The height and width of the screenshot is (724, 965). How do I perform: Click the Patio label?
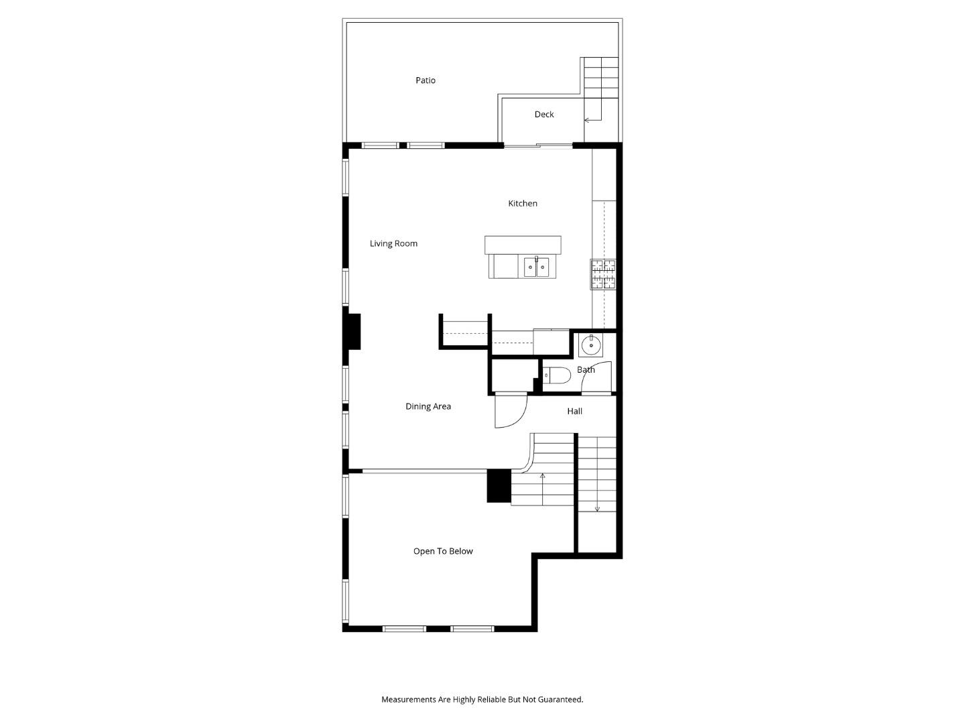click(x=426, y=80)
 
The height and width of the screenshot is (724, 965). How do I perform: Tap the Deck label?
click(x=544, y=115)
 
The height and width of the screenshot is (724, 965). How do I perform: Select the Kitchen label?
click(x=523, y=203)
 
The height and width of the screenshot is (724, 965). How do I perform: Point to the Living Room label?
click(x=393, y=243)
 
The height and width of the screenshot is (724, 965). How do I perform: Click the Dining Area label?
click(x=428, y=406)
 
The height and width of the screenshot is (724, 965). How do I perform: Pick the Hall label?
click(x=575, y=411)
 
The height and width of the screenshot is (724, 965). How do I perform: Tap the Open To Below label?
click(x=443, y=551)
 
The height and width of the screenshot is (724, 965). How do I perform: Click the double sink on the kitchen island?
click(x=536, y=267)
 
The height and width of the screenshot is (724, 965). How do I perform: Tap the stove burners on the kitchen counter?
click(x=603, y=274)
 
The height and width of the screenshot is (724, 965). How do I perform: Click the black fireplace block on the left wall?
click(x=352, y=331)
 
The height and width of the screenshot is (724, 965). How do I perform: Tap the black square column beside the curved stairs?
click(x=499, y=486)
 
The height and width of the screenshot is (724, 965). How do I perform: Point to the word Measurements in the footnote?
click(x=409, y=699)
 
